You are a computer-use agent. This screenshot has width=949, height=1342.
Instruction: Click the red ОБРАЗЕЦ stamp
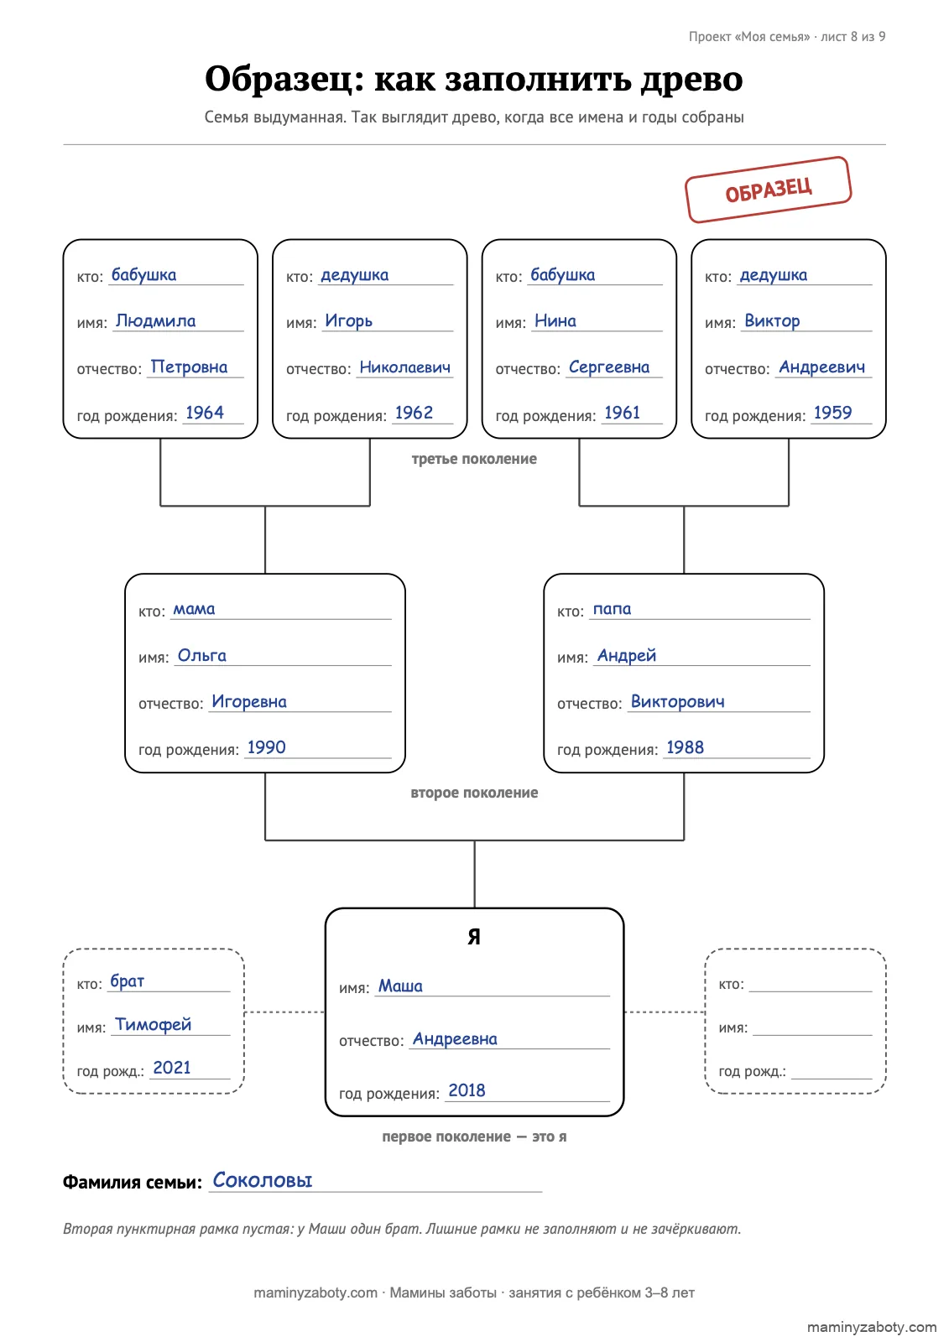tap(768, 190)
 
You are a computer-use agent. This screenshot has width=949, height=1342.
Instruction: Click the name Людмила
tap(156, 321)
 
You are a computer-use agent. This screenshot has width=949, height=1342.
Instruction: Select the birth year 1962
tap(414, 413)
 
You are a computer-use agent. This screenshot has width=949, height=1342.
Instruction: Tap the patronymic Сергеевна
tap(609, 367)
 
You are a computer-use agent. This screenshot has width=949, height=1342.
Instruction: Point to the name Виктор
tap(772, 321)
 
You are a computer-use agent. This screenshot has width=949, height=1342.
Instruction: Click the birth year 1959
tap(832, 413)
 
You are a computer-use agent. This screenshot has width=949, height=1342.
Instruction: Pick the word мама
tap(194, 609)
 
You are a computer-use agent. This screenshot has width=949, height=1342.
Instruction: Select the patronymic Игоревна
tap(249, 701)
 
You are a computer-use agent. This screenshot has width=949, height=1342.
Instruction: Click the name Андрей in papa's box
tap(627, 655)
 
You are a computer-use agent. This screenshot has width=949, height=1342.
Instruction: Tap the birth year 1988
tap(685, 747)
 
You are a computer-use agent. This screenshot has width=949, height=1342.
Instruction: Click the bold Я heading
tap(474, 937)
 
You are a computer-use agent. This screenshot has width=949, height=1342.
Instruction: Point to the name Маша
tap(400, 986)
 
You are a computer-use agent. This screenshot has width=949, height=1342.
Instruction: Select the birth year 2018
tap(467, 1090)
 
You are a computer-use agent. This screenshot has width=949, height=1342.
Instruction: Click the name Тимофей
tap(154, 1024)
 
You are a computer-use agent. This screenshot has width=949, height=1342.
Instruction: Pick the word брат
tap(127, 981)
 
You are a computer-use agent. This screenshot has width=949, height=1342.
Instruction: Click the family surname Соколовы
tap(263, 1180)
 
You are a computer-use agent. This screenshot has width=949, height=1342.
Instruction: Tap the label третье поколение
tap(474, 459)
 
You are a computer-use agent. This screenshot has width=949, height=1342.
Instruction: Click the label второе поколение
tap(474, 793)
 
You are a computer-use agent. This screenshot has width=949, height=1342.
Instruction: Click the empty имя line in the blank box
tap(811, 1035)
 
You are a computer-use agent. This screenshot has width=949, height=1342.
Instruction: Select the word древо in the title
tap(691, 79)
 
